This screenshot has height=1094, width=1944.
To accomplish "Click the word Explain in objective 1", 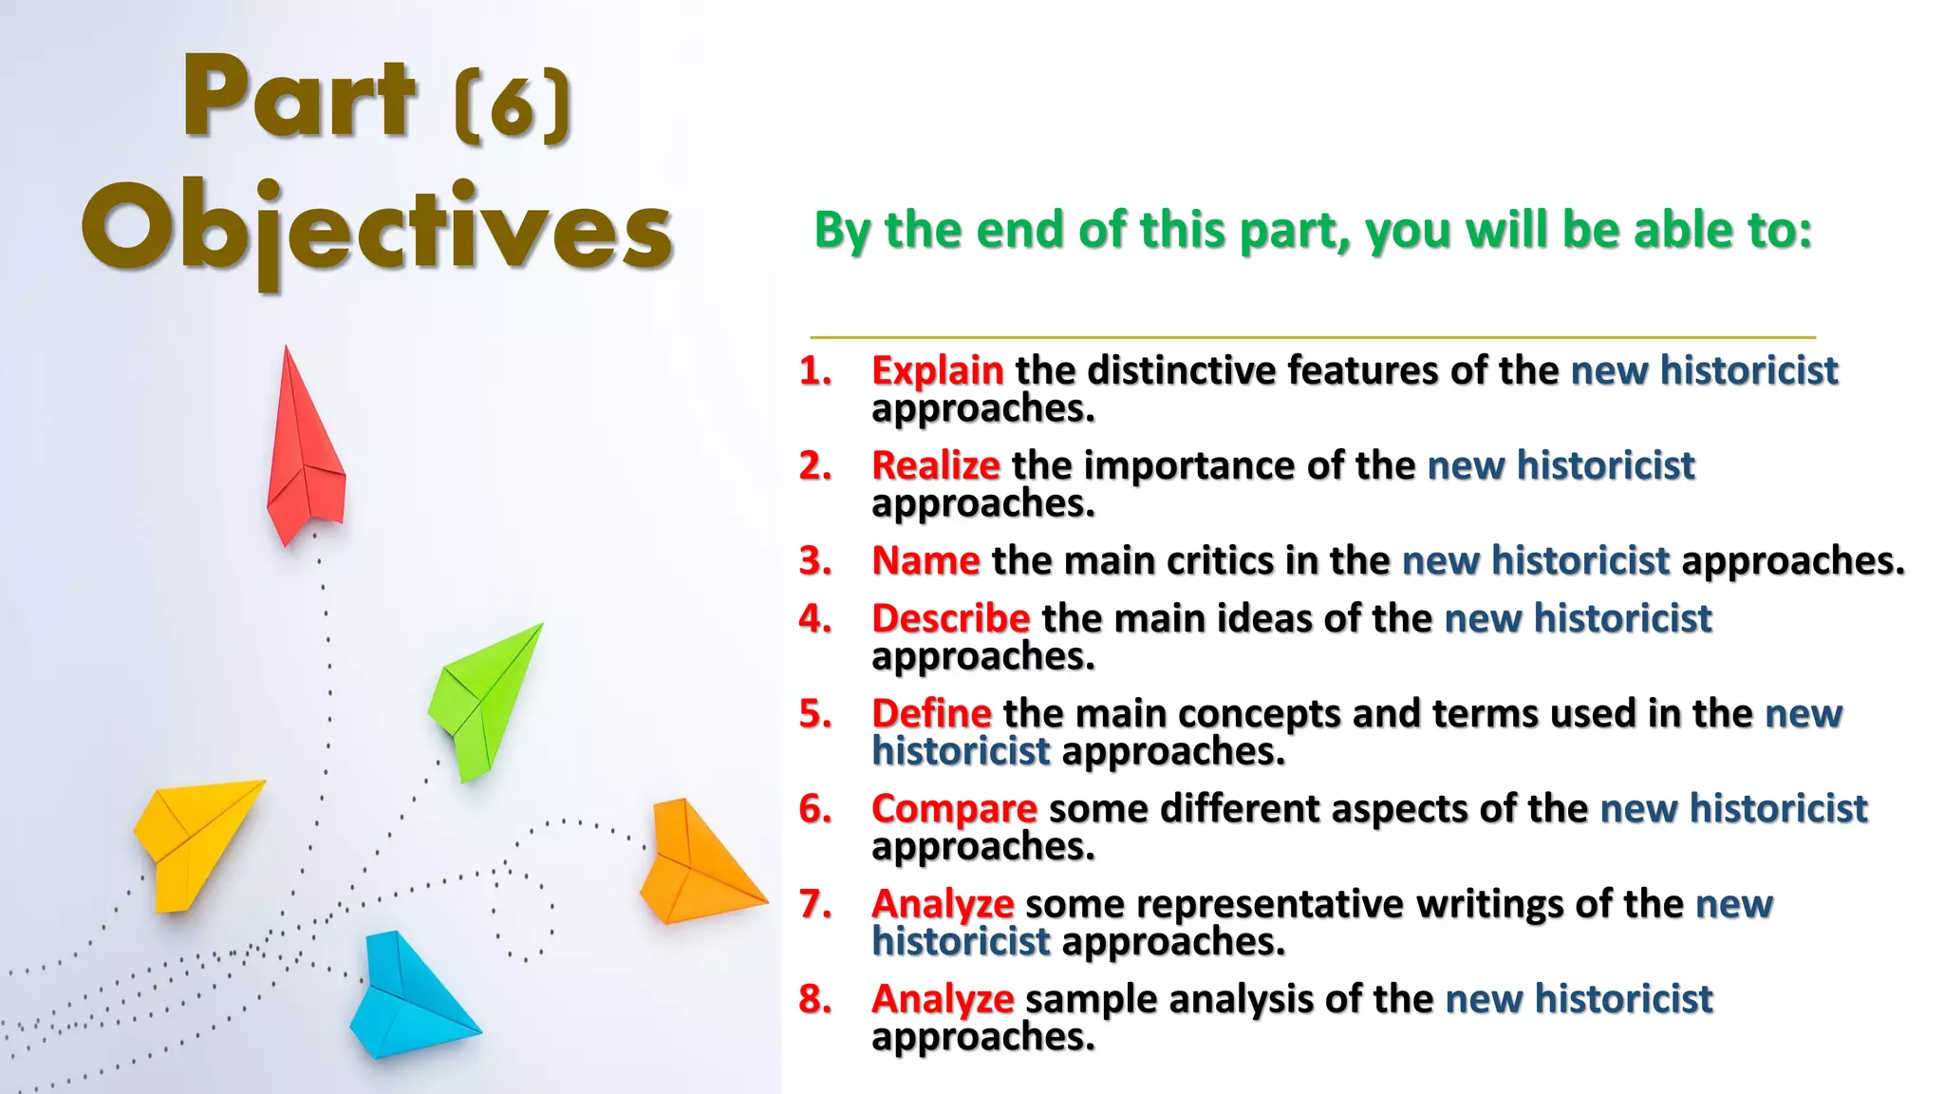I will click(937, 370).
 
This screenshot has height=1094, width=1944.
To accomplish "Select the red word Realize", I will click(935, 465).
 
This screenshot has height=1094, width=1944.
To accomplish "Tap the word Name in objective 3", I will click(925, 560).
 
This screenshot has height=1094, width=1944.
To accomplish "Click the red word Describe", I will click(950, 618).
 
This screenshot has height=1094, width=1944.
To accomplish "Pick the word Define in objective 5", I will click(931, 713).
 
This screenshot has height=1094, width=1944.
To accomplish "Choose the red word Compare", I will click(954, 809).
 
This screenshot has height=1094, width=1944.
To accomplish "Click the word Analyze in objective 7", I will click(943, 904).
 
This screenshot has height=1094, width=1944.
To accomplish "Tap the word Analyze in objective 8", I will click(943, 999).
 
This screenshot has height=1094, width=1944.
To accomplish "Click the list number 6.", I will click(814, 809).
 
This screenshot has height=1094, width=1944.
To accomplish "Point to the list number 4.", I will click(814, 618).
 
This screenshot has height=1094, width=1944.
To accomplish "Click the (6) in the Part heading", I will click(514, 106).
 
